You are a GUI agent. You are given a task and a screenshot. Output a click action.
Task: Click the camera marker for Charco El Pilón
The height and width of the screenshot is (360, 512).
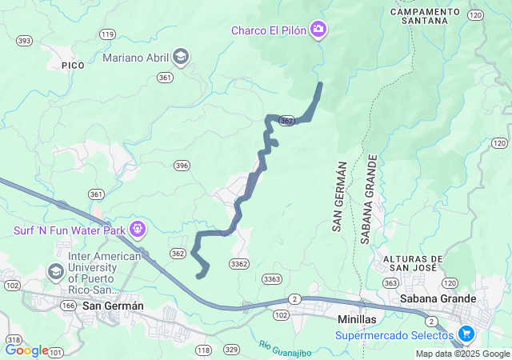(x=319, y=30)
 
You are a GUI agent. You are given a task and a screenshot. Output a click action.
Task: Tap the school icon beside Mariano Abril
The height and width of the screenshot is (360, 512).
(x=182, y=57)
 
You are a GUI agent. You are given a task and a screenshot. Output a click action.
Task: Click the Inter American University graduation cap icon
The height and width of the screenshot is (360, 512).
(x=56, y=271)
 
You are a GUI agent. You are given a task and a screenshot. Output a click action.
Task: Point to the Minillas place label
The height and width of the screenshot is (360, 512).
(x=352, y=318)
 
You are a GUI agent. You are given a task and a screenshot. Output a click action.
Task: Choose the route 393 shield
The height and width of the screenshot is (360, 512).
(x=24, y=40)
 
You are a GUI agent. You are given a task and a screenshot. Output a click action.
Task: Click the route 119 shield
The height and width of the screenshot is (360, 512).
(x=107, y=34)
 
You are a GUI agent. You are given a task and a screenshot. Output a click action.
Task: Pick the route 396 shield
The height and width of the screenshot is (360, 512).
(x=182, y=166)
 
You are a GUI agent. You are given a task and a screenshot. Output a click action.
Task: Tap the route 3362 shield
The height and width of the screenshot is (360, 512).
(x=238, y=264)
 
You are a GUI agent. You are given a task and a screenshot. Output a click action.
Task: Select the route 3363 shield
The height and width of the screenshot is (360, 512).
(x=271, y=278)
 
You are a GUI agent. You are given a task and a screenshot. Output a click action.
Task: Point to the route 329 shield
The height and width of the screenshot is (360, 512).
(x=231, y=350)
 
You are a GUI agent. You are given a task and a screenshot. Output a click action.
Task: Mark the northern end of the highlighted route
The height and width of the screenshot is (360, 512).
(x=321, y=84)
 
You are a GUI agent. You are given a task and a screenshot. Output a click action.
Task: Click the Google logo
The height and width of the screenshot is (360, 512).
(x=26, y=350)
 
